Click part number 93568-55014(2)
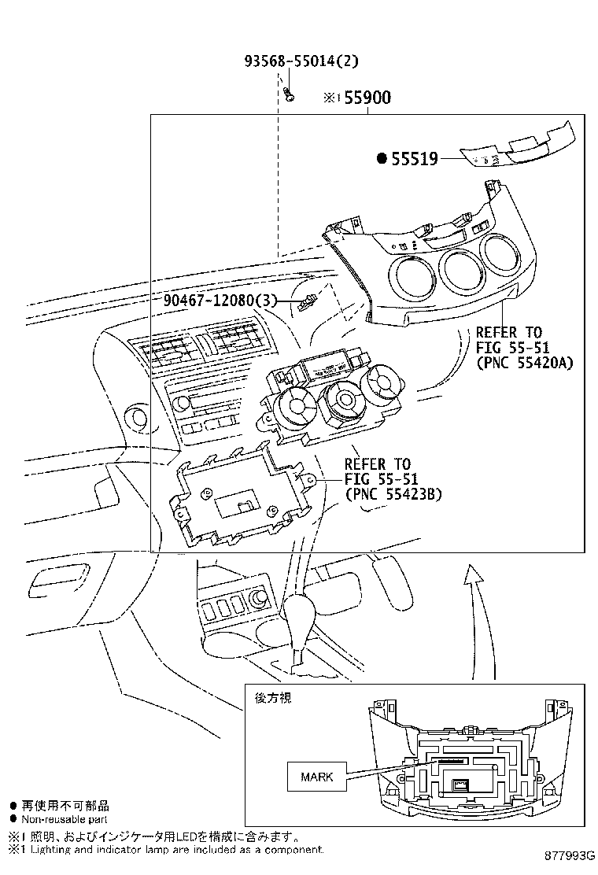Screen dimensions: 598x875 pos(301,61)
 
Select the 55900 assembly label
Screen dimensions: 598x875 pos(367,98)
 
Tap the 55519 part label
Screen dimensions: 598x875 pos(415,159)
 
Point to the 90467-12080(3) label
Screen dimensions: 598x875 pos(220,301)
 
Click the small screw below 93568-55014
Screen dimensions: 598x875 pos(289,95)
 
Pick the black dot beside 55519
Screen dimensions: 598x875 pos(382,159)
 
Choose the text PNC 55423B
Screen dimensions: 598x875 pos(393,494)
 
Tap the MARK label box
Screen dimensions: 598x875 pos(317,777)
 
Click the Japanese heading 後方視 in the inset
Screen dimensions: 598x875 pos(273,698)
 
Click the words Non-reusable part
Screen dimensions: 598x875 pos(65,820)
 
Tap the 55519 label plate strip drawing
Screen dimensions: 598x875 pos(516,148)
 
